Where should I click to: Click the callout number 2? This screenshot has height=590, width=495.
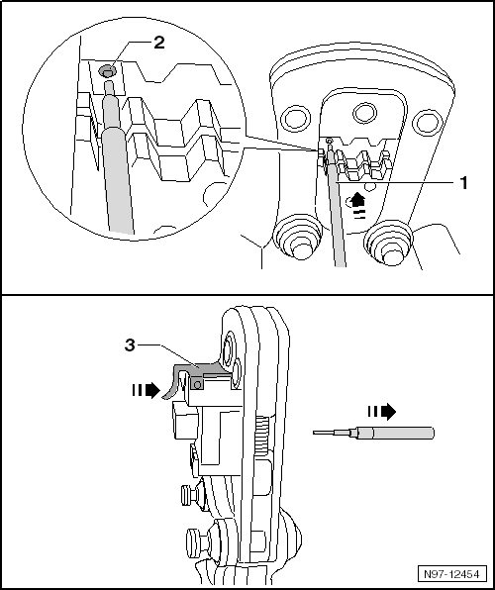tap(158, 44)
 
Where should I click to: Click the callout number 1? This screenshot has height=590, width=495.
tap(461, 184)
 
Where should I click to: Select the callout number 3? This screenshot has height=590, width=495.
tap(129, 345)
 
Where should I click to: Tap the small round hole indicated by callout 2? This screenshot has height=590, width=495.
tap(106, 71)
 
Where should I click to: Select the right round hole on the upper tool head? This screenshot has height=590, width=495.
tap(426, 122)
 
